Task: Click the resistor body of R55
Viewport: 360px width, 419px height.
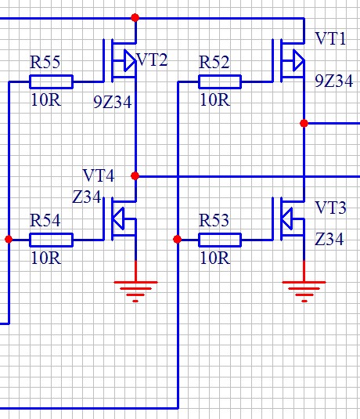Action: tap(51, 81)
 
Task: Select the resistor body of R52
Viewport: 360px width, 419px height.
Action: tap(220, 81)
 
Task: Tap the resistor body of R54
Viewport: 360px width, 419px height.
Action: tap(51, 240)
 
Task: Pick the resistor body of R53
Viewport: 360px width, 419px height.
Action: tap(220, 240)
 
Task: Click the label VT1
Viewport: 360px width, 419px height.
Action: tap(330, 38)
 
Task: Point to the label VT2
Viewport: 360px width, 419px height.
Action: tap(152, 60)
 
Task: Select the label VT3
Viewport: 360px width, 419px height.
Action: tap(330, 208)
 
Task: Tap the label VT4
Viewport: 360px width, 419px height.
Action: tap(99, 175)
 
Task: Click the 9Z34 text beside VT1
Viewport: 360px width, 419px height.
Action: tap(334, 81)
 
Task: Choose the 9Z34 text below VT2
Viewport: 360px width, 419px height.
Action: tap(113, 102)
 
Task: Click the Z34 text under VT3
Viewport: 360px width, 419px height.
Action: tap(329, 239)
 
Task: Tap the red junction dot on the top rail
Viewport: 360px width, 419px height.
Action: tap(135, 18)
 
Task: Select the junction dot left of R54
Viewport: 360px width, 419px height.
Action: tap(9, 239)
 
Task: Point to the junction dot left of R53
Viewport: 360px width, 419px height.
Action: tap(178, 239)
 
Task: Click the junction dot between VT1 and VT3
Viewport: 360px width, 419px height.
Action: tap(304, 123)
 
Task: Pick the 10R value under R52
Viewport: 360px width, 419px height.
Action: tap(215, 100)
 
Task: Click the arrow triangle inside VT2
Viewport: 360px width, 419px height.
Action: tap(130, 60)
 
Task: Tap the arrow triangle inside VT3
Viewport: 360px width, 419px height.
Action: tap(286, 219)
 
